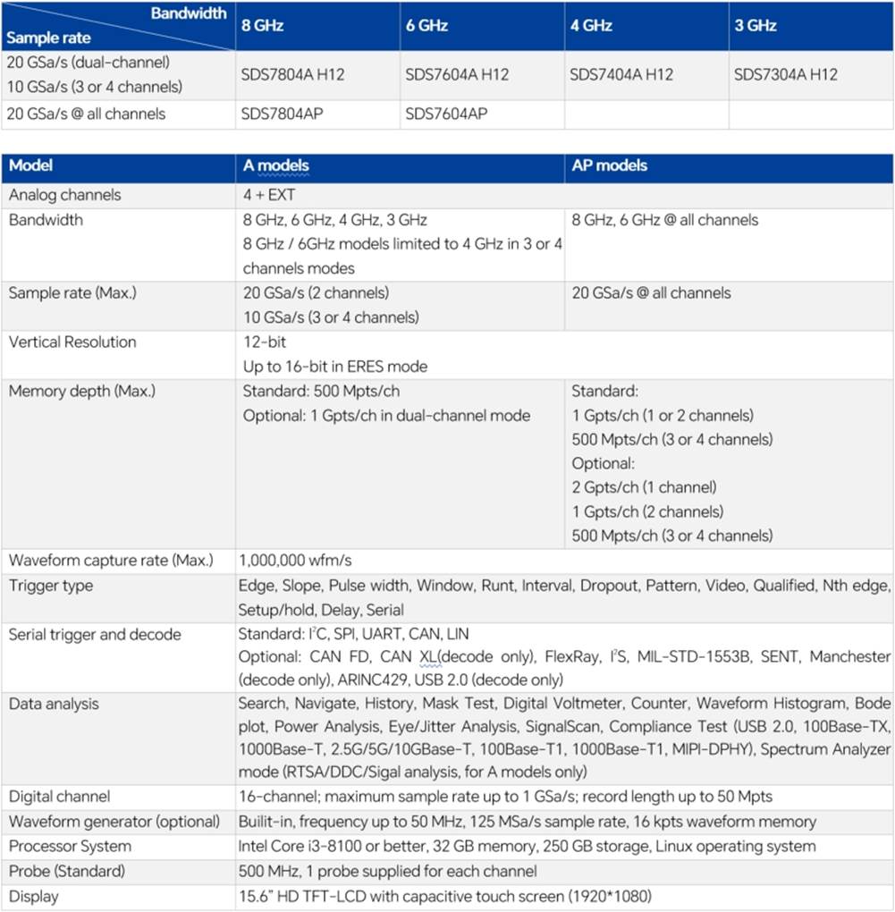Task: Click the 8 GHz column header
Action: (263, 26)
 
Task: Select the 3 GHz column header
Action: (756, 26)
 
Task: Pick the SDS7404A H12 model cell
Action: (621, 75)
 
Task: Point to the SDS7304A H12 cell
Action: (786, 75)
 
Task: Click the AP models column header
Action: (610, 165)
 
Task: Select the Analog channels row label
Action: (64, 195)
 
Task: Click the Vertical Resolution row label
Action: (72, 342)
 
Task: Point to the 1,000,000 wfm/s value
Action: (296, 561)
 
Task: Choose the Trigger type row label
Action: (51, 586)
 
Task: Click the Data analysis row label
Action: (53, 704)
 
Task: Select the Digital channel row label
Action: (60, 797)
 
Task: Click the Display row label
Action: (33, 896)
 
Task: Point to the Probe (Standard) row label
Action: (67, 871)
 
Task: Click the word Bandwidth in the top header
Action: (189, 13)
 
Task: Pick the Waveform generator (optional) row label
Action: (114, 822)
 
